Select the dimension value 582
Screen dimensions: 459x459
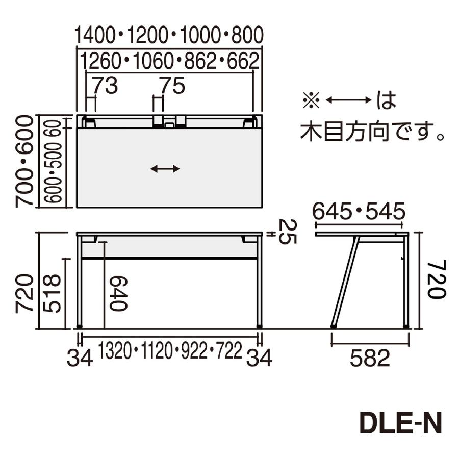[x=370, y=359]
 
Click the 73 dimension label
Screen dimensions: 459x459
[x=105, y=86]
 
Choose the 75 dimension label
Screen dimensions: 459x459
[x=171, y=86]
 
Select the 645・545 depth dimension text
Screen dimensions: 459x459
[x=359, y=210]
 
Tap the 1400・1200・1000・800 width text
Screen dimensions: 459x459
[x=169, y=35]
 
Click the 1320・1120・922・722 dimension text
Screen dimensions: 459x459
[x=170, y=351]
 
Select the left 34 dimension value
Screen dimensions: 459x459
[x=80, y=359]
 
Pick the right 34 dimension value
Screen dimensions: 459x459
[x=259, y=359]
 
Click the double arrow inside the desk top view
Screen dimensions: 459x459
[x=165, y=169]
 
